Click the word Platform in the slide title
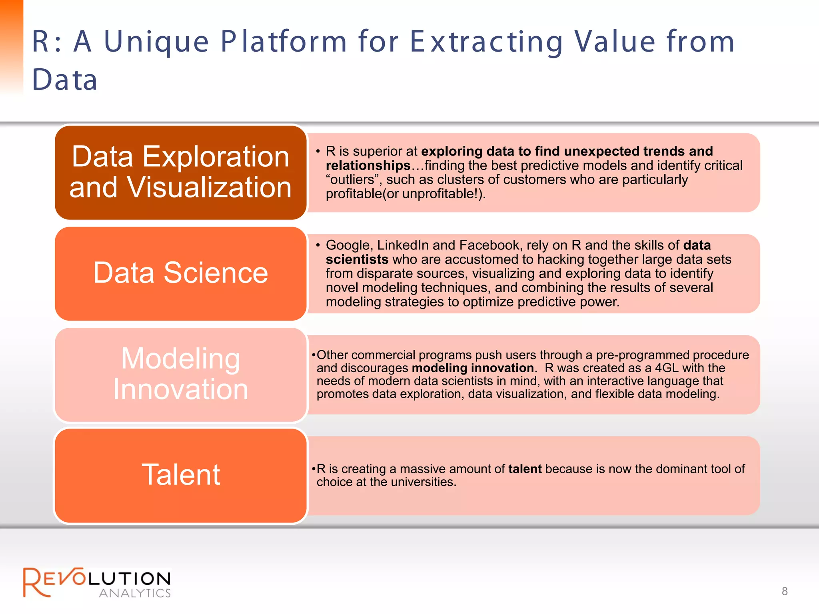(x=284, y=42)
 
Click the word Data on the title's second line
(x=65, y=80)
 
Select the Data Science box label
(x=180, y=273)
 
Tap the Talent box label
(x=181, y=475)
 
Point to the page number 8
(x=785, y=591)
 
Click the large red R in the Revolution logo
(x=36, y=582)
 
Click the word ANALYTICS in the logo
(x=135, y=593)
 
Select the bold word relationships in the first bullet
(x=368, y=165)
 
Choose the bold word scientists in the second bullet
(x=357, y=259)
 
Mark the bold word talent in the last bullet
(x=525, y=469)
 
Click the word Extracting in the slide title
(x=487, y=42)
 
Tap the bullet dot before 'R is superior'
(x=318, y=152)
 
